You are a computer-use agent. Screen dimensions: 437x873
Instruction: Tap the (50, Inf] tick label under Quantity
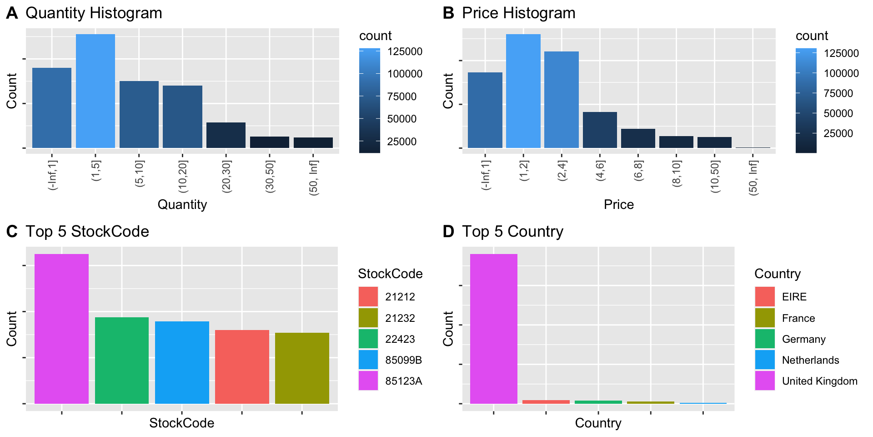click(x=314, y=178)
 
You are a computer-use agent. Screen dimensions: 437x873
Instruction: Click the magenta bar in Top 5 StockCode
click(x=61, y=329)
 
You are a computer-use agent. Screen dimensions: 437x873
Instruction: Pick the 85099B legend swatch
click(x=368, y=360)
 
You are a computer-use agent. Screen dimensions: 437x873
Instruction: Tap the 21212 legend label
click(x=400, y=297)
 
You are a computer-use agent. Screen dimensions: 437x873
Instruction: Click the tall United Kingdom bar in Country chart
click(x=493, y=329)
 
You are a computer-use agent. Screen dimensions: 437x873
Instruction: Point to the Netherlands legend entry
click(x=810, y=360)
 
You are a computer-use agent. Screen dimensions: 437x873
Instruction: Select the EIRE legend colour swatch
click(x=764, y=296)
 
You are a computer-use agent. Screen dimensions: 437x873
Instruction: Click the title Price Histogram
click(x=518, y=13)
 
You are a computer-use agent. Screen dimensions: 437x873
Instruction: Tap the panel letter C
click(x=12, y=232)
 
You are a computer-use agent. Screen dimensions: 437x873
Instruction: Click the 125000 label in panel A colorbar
click(x=405, y=51)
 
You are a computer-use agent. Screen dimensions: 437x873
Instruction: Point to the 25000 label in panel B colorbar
click(x=838, y=133)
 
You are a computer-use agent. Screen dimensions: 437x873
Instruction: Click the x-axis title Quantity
click(x=182, y=204)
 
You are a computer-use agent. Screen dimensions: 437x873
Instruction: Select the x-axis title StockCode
click(x=181, y=423)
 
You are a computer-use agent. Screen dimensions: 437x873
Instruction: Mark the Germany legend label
click(x=803, y=339)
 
